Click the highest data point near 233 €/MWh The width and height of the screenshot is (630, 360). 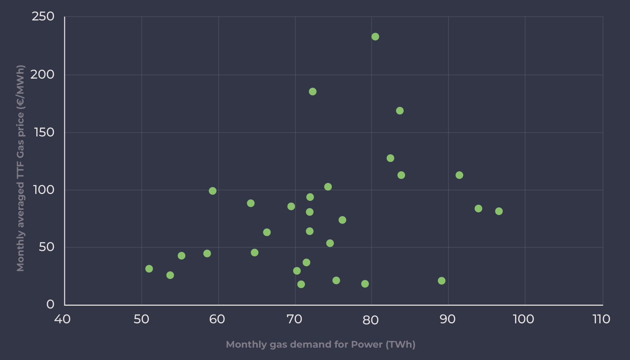click(375, 37)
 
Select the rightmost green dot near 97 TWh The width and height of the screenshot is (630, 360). click(499, 211)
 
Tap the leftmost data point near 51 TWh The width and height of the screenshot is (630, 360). click(149, 269)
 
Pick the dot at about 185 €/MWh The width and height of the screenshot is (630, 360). click(312, 92)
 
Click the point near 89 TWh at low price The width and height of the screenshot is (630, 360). click(441, 281)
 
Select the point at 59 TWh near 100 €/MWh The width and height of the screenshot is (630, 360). click(213, 191)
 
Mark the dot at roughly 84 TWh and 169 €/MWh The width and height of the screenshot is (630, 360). click(399, 111)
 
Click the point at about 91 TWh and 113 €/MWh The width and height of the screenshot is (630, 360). click(459, 175)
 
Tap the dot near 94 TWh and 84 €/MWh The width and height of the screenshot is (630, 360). click(478, 209)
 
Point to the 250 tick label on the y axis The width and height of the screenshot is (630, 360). click(43, 16)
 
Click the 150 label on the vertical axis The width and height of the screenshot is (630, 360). click(44, 132)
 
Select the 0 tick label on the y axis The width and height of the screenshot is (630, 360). click(50, 304)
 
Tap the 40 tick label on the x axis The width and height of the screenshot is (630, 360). click(62, 319)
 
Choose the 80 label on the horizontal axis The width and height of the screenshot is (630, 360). click(371, 320)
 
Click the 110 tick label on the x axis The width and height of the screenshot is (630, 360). click(601, 319)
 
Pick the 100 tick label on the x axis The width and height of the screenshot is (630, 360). click(523, 319)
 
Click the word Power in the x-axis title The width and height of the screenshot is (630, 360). click(367, 344)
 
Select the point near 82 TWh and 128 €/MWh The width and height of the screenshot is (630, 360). click(390, 158)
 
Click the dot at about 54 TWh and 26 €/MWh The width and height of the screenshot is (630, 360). click(170, 275)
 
